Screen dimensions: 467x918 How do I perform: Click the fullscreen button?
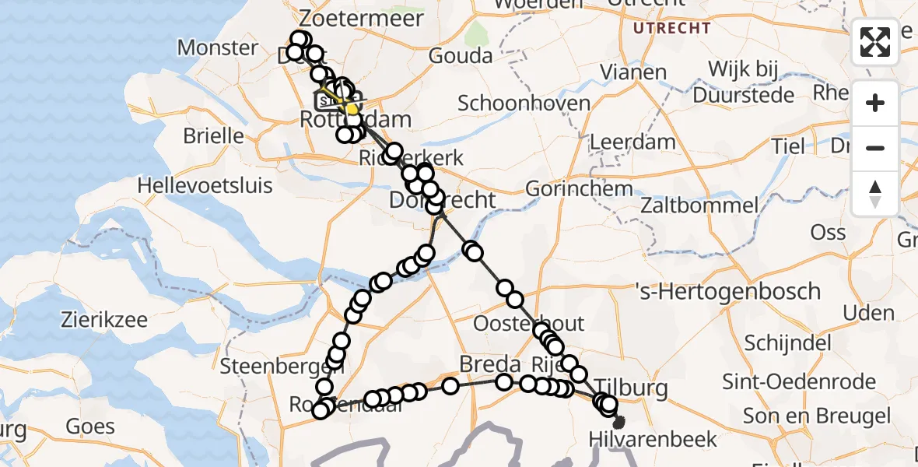[x=875, y=42]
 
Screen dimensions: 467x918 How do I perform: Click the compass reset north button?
[x=875, y=193]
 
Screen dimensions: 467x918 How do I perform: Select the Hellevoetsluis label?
[x=205, y=186]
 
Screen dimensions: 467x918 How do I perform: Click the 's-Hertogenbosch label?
[x=728, y=292]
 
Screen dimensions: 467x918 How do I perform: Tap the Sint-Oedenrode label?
[x=799, y=382]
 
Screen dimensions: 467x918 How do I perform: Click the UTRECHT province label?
[x=672, y=29]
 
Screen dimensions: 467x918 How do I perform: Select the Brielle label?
[x=213, y=135]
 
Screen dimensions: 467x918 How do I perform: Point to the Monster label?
[x=218, y=47]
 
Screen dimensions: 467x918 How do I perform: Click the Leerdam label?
[x=622, y=142]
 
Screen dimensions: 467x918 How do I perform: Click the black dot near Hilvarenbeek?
[x=619, y=423]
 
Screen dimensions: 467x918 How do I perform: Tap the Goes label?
[x=90, y=427]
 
